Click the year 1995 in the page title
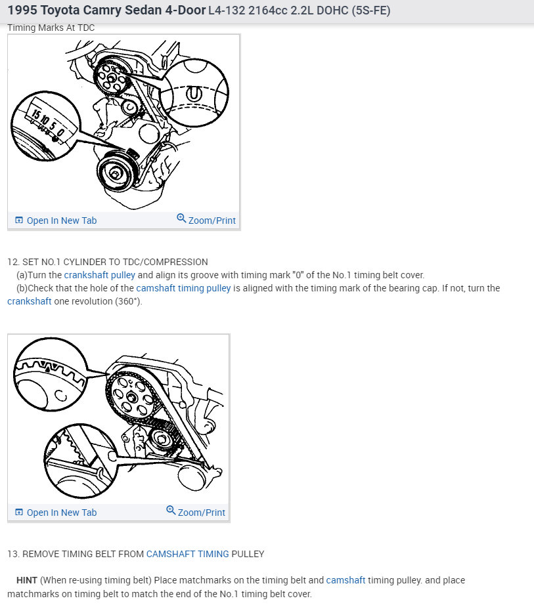(x=22, y=10)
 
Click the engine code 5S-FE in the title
(x=370, y=10)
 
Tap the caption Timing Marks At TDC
(x=51, y=28)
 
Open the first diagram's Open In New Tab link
(x=61, y=220)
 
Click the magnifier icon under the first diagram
(x=181, y=218)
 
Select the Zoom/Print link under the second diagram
(x=202, y=513)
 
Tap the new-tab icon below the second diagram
(x=18, y=513)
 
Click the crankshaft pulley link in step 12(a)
(x=99, y=275)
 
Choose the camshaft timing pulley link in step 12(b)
(x=183, y=288)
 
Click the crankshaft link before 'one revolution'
(x=30, y=301)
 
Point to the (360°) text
(x=129, y=301)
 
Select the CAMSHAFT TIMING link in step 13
(x=188, y=554)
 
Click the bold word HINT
(x=27, y=580)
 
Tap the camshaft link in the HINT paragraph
(x=345, y=580)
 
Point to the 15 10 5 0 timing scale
(x=47, y=123)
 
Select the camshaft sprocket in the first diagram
(x=112, y=77)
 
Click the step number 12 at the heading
(x=13, y=262)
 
